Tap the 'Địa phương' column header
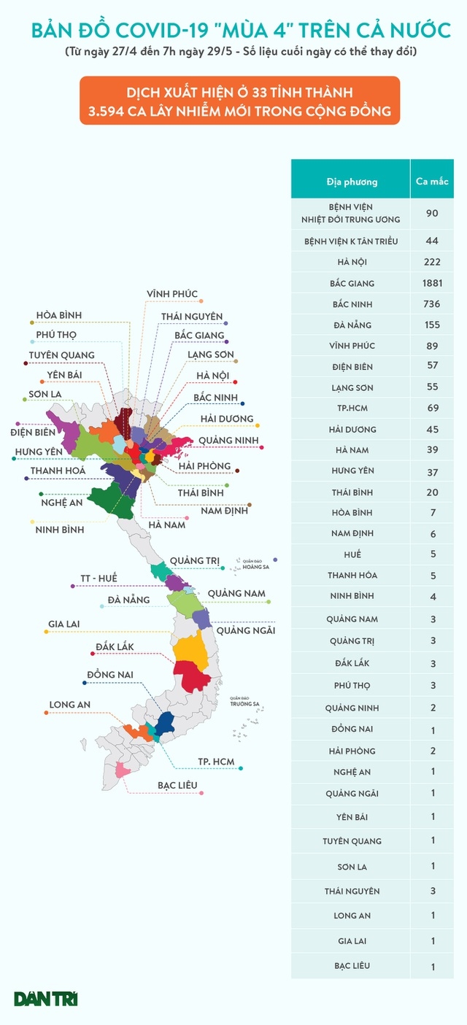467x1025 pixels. pos(352,181)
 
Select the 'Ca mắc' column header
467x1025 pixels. pos(432,181)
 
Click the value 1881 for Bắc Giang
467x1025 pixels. pos(433,283)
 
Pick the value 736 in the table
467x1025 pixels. pos(433,304)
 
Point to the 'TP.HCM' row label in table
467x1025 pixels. pos(352,409)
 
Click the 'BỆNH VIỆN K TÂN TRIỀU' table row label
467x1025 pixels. pos(352,241)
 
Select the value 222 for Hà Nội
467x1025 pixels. pos(433,262)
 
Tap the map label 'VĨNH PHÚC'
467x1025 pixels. pos(171,294)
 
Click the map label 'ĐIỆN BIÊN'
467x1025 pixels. pos(33,432)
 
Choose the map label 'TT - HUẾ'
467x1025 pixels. pos(99,579)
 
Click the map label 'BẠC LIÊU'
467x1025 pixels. pos(177,786)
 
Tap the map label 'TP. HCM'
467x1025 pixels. pos(216,762)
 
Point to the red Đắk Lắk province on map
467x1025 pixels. pos(196,676)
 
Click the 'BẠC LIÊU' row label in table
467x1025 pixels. pos(352,966)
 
